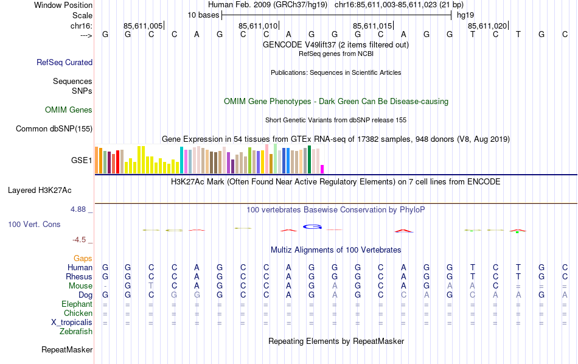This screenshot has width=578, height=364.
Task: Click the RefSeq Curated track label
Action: (x=64, y=62)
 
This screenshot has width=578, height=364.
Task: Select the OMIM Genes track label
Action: (x=69, y=110)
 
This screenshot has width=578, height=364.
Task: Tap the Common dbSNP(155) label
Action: (x=54, y=128)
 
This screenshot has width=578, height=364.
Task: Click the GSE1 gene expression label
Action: (x=82, y=161)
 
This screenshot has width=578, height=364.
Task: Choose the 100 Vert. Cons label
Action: (x=34, y=225)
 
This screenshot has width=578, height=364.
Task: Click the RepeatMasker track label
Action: (x=67, y=350)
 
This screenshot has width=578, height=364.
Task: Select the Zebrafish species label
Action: (x=76, y=332)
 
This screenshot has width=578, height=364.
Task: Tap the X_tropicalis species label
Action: (x=72, y=323)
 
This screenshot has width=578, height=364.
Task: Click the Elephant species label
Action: (x=77, y=304)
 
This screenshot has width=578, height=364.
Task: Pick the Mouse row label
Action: (x=80, y=286)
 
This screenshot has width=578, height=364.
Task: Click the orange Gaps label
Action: (x=83, y=259)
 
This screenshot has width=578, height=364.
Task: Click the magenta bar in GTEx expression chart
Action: (x=322, y=169)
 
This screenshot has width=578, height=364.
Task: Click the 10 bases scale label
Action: (x=203, y=15)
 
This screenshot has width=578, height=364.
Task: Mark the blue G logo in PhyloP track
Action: (x=312, y=227)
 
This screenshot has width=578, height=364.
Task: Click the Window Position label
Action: (x=63, y=5)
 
